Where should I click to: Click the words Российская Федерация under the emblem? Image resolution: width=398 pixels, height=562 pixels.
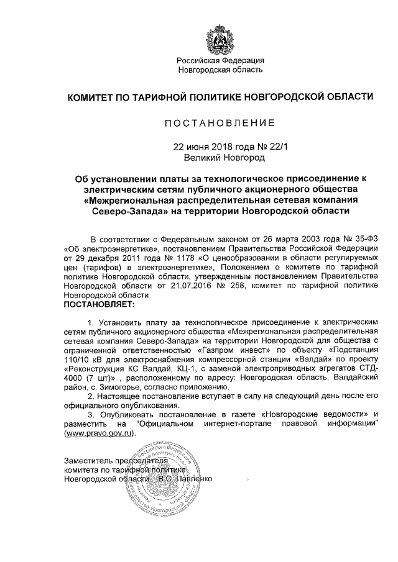pyautogui.click(x=221, y=60)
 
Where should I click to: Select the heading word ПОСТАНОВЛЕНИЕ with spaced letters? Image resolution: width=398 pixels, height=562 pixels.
pyautogui.click(x=221, y=123)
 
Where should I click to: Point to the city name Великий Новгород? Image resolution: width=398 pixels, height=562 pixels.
pyautogui.click(x=221, y=158)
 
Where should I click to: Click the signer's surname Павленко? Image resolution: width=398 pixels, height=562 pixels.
pyautogui.click(x=194, y=479)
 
